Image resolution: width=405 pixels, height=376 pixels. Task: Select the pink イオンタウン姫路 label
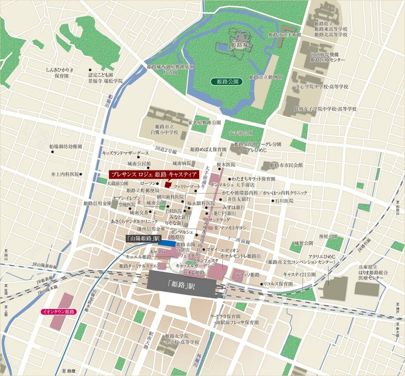pyautogui.click(x=58, y=312)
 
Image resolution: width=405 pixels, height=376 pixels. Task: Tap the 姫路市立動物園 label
pyautogui.click(x=266, y=77)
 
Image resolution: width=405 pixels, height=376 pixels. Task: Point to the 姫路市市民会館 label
pyautogui.click(x=286, y=165)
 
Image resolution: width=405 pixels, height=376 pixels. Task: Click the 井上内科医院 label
pyautogui.click(x=65, y=174)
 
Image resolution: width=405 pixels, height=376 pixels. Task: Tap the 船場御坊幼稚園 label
pyautogui.click(x=66, y=146)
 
